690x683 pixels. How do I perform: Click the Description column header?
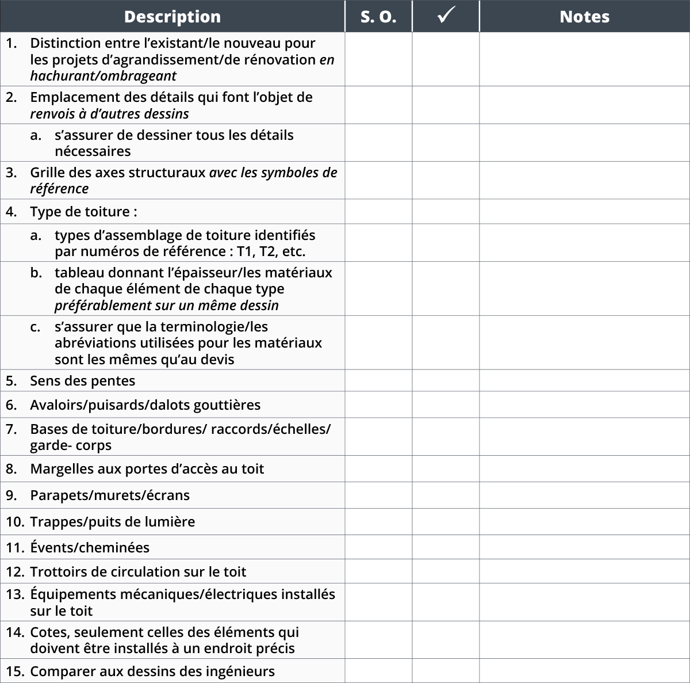172,17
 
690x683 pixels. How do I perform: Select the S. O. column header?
378,17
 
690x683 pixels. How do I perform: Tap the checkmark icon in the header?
446,16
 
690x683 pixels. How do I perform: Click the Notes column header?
584,17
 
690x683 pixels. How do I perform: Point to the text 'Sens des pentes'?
82,381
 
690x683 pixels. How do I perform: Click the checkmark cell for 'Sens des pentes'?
446,381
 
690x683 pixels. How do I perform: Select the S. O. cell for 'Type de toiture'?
378,212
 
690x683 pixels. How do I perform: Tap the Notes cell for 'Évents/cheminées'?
584,547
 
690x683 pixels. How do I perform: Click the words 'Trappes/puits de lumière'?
112,522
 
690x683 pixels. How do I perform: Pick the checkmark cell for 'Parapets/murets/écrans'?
446,495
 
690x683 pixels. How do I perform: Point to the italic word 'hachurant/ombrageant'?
103,76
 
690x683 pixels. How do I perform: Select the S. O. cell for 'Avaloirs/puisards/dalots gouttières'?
378,405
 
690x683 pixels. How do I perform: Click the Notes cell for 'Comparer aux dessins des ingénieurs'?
584,671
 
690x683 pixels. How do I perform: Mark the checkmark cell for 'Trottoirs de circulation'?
446,572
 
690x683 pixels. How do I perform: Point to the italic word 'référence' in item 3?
59,189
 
